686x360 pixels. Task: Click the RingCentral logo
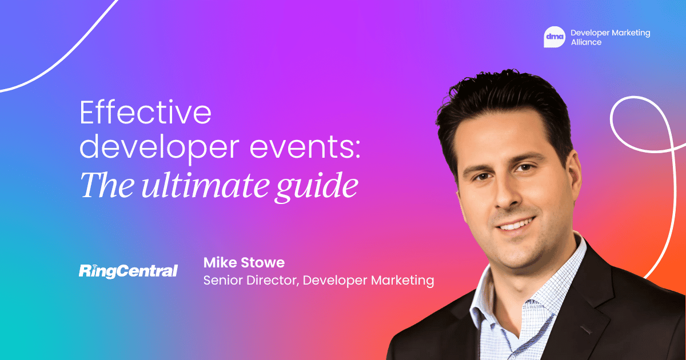(x=128, y=270)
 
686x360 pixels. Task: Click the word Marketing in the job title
(x=400, y=281)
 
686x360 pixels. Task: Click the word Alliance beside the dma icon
(x=586, y=42)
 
